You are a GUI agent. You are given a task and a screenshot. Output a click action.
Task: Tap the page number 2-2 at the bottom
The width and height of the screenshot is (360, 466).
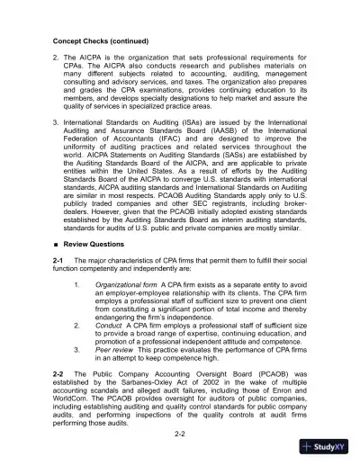(x=180, y=434)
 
